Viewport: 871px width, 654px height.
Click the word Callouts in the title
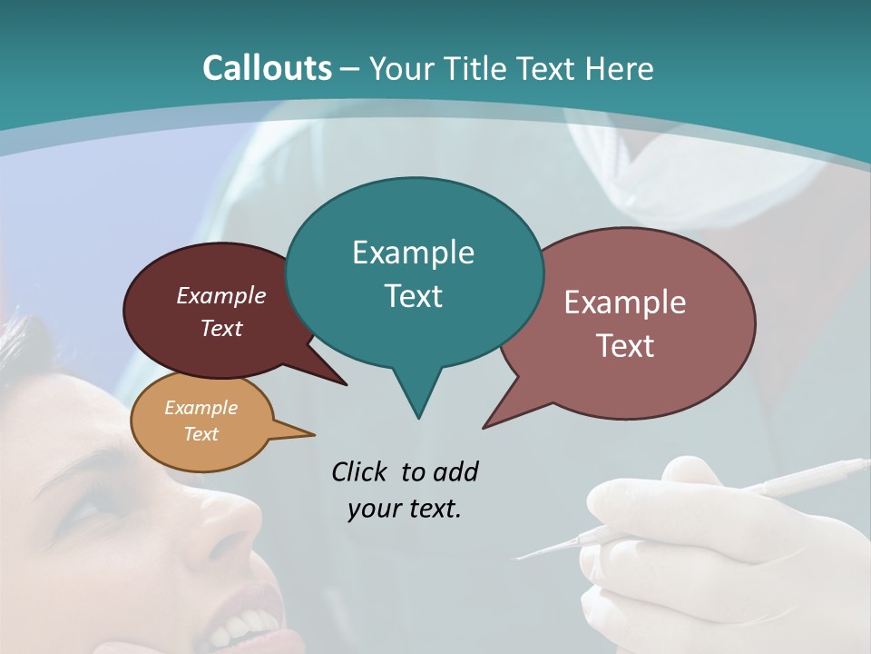(x=267, y=68)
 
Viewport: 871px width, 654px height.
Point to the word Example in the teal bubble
(x=413, y=252)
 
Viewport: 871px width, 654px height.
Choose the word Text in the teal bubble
(x=413, y=296)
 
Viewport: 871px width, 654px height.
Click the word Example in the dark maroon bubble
(x=220, y=295)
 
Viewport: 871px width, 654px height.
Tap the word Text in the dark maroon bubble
(x=220, y=328)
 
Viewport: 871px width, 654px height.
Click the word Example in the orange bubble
(x=201, y=408)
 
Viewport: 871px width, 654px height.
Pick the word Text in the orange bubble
(x=201, y=434)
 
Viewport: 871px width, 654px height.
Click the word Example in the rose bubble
(x=624, y=302)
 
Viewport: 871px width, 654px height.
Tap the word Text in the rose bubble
(x=624, y=346)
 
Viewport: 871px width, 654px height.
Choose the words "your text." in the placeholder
(x=404, y=509)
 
